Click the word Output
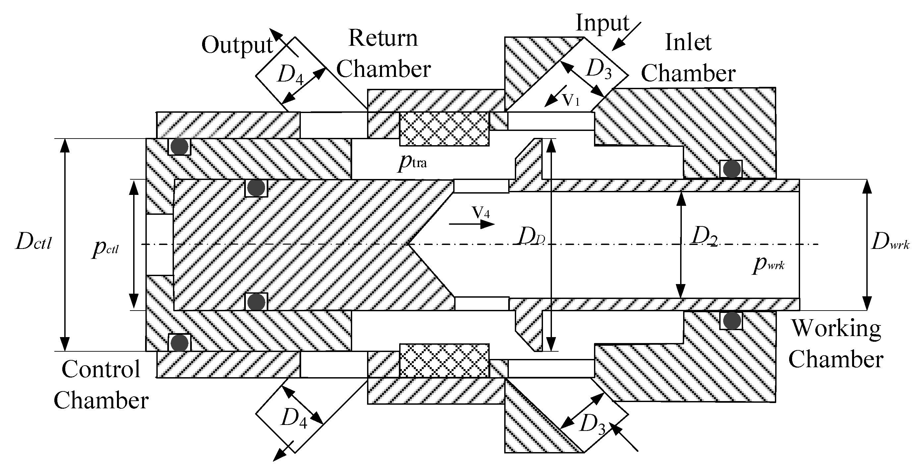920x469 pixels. pyautogui.click(x=237, y=45)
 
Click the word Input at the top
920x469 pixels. pyautogui.click(x=602, y=23)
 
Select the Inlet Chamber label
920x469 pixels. pyautogui.click(x=688, y=58)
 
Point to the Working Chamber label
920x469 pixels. pyautogui.click(x=836, y=344)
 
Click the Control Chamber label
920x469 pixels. pyautogui.click(x=101, y=385)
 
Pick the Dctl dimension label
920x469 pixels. pyautogui.click(x=34, y=242)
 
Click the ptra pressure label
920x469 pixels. pyautogui.click(x=412, y=162)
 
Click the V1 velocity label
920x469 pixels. pyautogui.click(x=571, y=100)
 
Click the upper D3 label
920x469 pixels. pyautogui.click(x=599, y=69)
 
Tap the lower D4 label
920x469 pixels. pyautogui.click(x=294, y=417)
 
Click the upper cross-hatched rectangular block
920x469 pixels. pyautogui.click(x=444, y=129)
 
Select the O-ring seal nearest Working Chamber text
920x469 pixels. pyautogui.click(x=732, y=320)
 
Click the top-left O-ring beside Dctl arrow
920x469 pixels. pyautogui.click(x=179, y=146)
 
